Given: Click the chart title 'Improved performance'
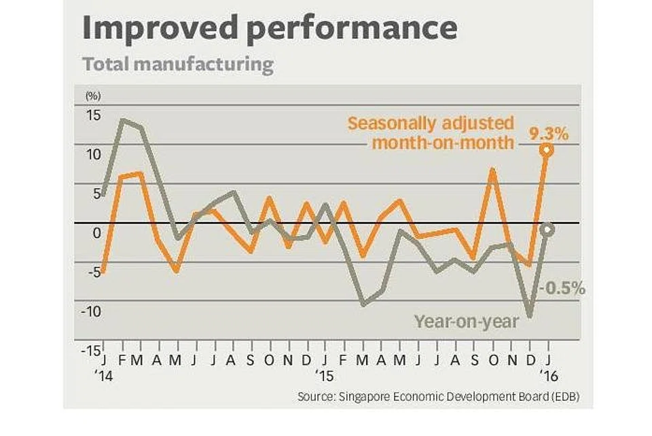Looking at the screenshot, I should [269, 29].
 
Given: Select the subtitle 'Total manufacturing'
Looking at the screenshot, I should [178, 65].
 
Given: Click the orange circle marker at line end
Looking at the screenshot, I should [547, 150].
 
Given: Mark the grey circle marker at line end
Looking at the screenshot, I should [547, 230].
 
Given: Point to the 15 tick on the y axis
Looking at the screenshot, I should [92, 114].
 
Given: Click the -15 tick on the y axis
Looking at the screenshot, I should [90, 351].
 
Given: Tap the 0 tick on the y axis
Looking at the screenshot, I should [96, 232].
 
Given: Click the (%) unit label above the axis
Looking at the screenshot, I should [91, 95].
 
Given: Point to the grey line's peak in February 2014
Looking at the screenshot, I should [123, 120].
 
